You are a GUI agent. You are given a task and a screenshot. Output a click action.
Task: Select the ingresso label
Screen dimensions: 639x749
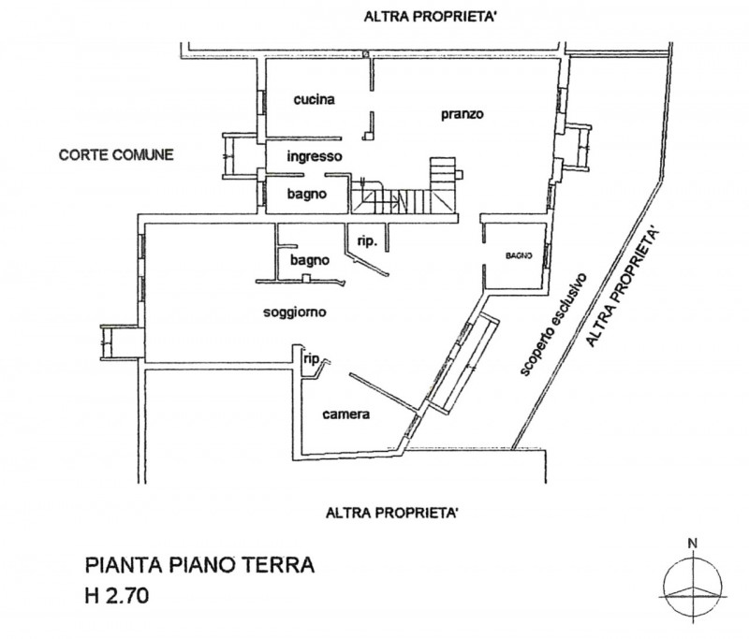pos(314,156)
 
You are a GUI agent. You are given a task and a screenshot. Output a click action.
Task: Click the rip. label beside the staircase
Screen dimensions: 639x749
pos(367,241)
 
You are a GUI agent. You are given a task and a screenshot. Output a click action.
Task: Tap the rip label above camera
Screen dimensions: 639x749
pos(311,357)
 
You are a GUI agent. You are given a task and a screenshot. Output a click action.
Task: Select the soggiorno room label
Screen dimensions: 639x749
pos(294,312)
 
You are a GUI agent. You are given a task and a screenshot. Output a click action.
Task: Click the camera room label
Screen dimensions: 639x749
pos(346,414)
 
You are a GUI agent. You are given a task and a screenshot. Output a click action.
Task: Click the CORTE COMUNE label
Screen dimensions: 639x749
pos(115,154)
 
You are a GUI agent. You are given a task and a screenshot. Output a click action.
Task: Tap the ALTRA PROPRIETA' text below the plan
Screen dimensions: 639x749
pos(392,512)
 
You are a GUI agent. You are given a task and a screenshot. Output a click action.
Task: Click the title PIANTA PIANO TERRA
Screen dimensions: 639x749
pos(199,565)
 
